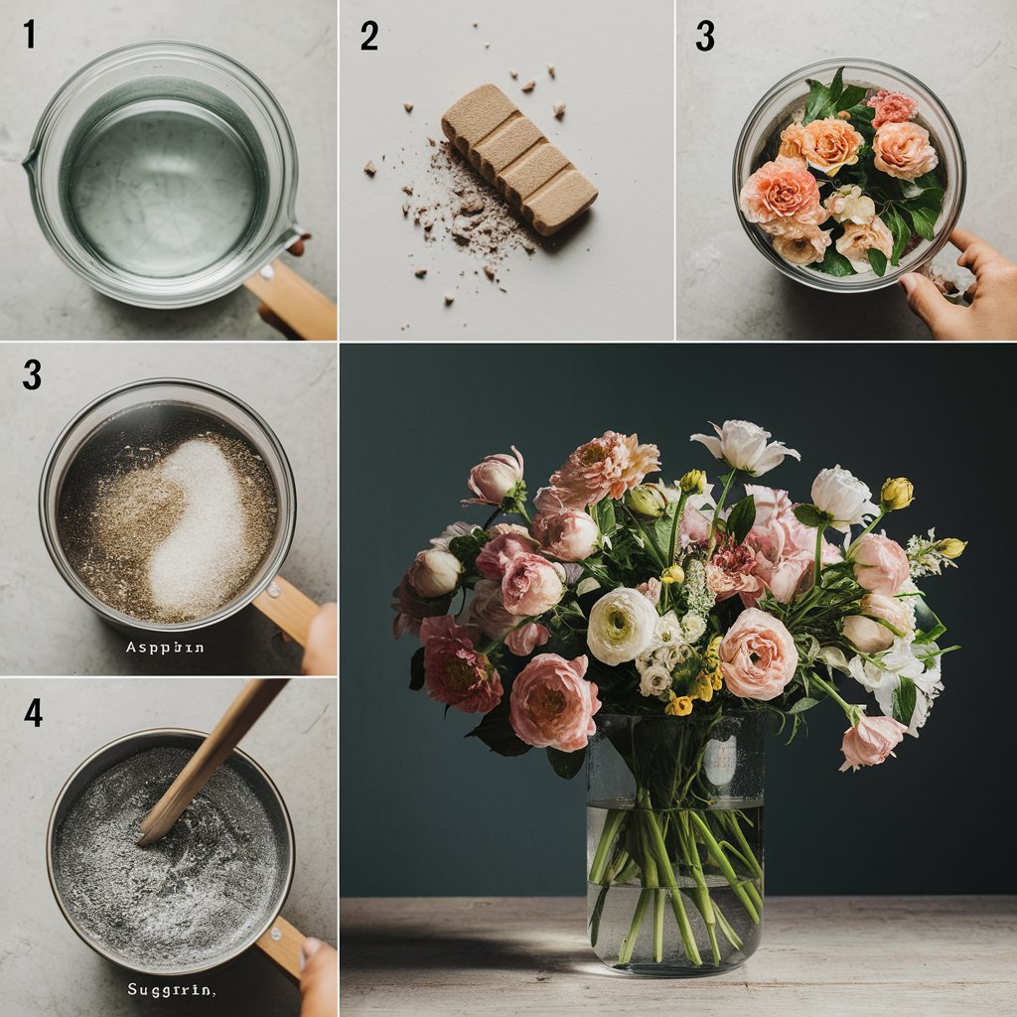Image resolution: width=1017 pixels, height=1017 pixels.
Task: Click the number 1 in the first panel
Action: click(x=30, y=35)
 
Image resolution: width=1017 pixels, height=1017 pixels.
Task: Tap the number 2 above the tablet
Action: click(x=368, y=36)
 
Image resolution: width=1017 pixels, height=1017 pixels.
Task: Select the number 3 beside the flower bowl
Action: click(x=704, y=36)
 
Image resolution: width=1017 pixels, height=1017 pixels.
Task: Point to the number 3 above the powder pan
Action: click(x=32, y=373)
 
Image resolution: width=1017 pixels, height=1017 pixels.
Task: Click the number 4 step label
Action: click(x=33, y=711)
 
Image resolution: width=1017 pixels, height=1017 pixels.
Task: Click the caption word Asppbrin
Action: click(x=165, y=647)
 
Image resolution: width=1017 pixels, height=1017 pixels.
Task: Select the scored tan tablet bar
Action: click(x=518, y=157)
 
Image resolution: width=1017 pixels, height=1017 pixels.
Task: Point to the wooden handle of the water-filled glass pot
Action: click(x=290, y=300)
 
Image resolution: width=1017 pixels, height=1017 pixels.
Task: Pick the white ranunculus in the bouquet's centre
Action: click(x=622, y=625)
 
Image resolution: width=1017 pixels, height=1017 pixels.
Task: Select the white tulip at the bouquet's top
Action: click(x=745, y=447)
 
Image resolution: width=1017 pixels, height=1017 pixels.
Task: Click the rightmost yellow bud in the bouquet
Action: click(x=950, y=547)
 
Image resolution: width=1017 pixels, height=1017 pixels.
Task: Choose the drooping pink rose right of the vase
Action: click(x=870, y=740)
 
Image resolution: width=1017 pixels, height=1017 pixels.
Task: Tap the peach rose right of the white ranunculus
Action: click(x=758, y=653)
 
